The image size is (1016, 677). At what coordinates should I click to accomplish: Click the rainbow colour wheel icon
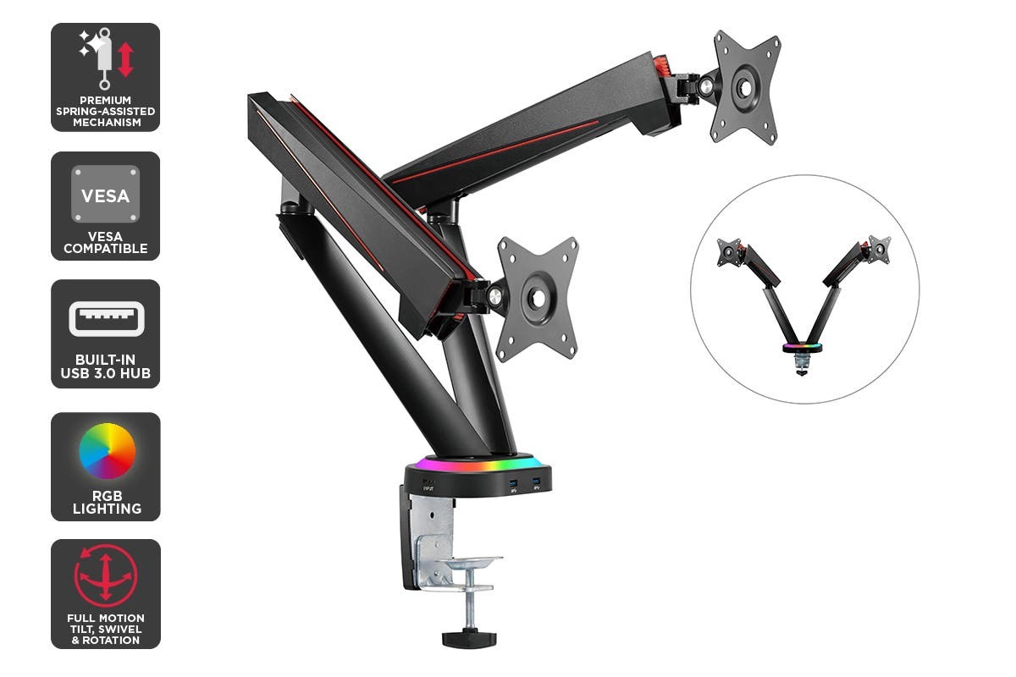click(x=107, y=451)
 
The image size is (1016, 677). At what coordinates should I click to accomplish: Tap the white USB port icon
click(x=106, y=319)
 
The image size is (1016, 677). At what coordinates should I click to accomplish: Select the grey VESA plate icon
click(x=105, y=194)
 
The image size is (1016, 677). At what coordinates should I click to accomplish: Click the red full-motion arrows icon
click(x=106, y=575)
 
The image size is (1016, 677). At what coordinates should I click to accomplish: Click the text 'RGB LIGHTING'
click(x=106, y=502)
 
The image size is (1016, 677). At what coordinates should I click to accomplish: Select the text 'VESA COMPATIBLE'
click(x=106, y=242)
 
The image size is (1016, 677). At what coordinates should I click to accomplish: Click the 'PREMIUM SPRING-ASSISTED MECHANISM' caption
click(x=106, y=111)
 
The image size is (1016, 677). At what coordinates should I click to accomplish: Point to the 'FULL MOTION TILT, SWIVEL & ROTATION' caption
click(x=106, y=629)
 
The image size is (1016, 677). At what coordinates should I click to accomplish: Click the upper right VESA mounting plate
click(x=745, y=87)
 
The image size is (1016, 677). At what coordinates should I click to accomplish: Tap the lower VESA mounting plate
click(x=537, y=298)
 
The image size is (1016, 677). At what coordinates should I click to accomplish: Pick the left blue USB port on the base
click(x=513, y=484)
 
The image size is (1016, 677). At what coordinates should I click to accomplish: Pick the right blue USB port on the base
click(x=535, y=484)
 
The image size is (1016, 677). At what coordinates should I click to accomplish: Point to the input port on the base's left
click(x=428, y=486)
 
